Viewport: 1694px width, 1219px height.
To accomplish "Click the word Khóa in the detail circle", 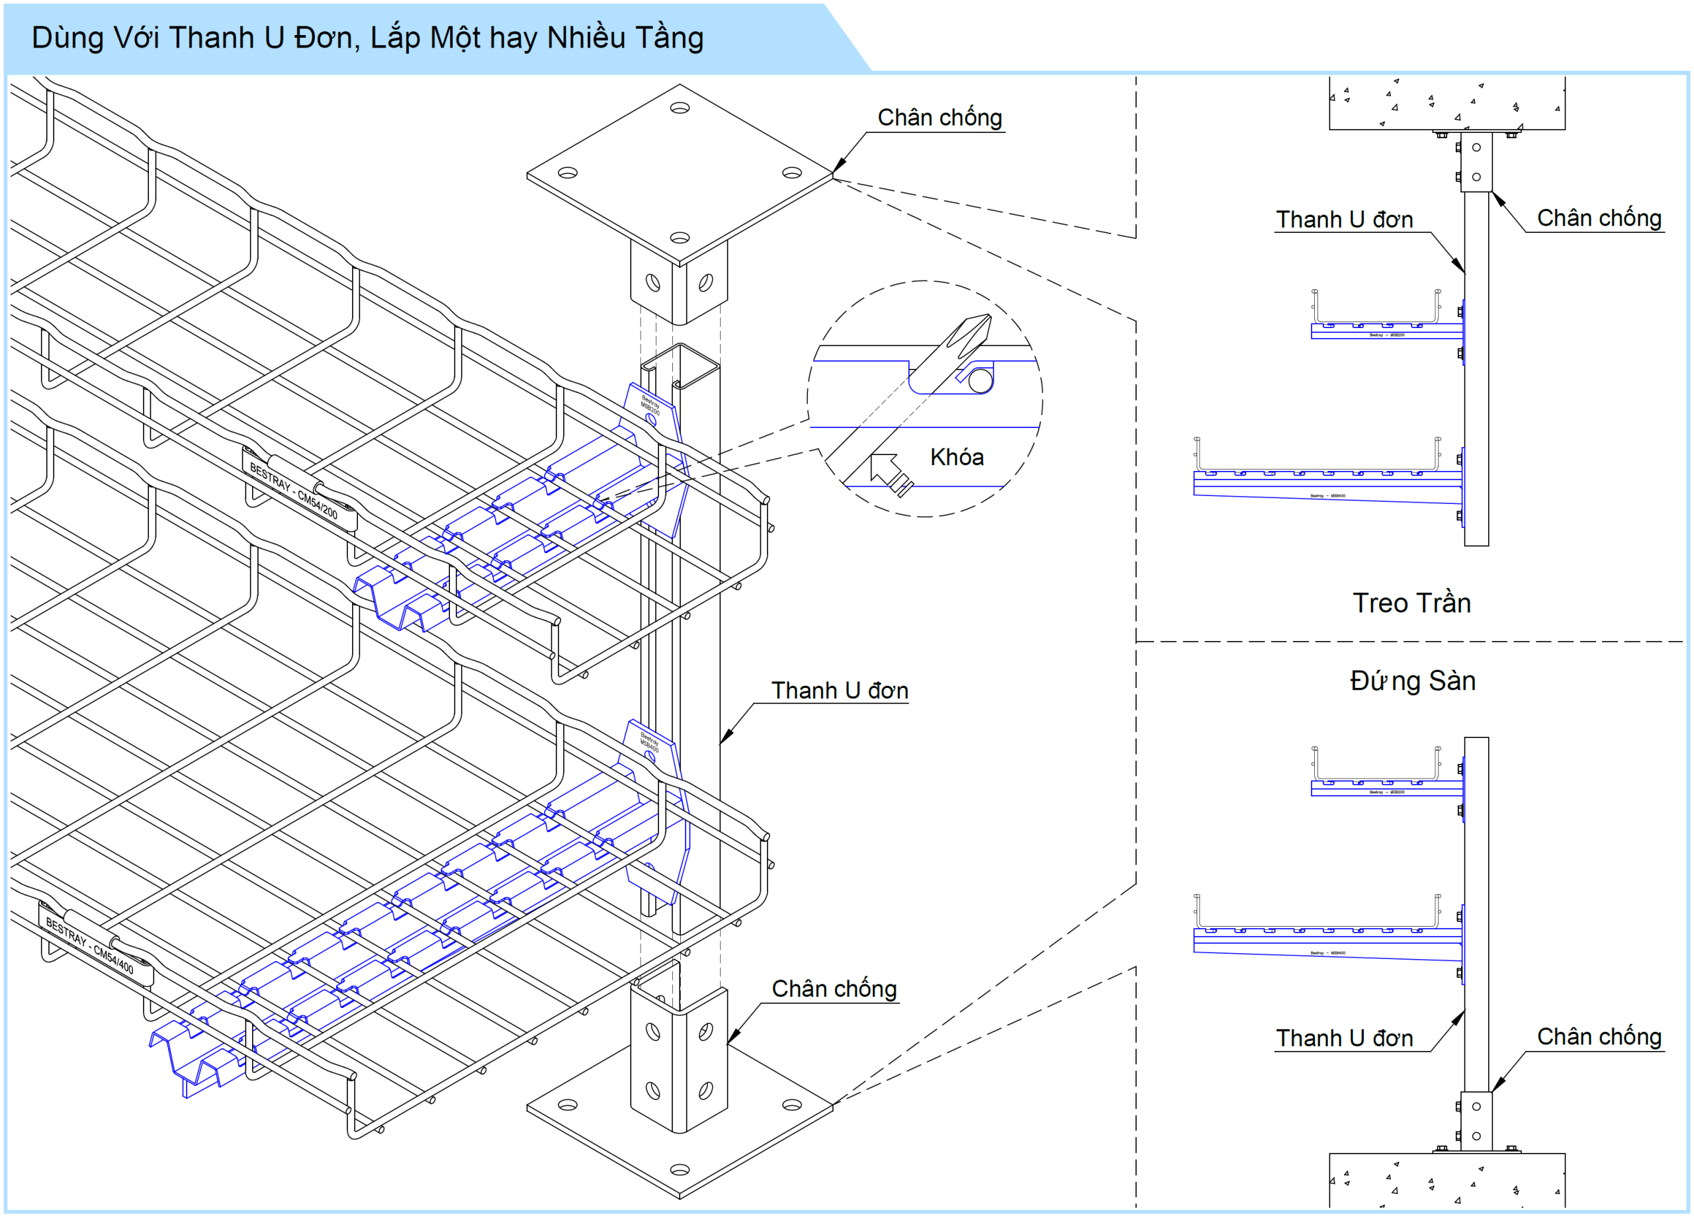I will tap(956, 457).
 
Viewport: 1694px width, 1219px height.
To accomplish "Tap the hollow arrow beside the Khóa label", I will tap(888, 471).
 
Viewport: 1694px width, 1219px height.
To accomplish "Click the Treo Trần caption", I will tap(1411, 603).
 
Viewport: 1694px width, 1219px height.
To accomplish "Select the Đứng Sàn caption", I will tap(1411, 681).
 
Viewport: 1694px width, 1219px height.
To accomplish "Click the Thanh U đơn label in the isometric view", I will tap(840, 691).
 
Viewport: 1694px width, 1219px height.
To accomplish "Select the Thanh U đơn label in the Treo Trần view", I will tap(1344, 220).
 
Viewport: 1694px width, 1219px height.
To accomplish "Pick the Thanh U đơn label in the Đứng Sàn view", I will tap(1344, 1038).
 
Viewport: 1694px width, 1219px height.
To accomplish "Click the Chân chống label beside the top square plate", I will tap(939, 118).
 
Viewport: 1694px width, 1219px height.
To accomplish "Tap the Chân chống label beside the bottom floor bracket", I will tap(834, 988).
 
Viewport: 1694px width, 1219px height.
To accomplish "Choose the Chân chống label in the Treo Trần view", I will tap(1599, 218).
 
